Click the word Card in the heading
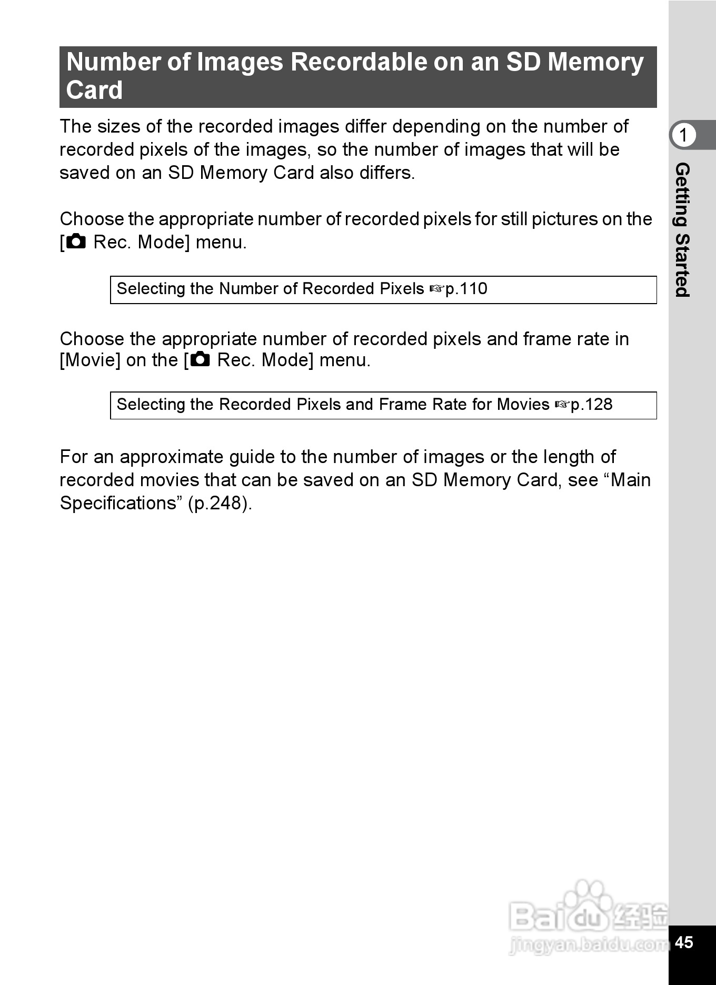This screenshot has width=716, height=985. (x=94, y=90)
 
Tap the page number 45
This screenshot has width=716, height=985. (x=683, y=942)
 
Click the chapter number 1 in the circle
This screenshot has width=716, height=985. (x=683, y=135)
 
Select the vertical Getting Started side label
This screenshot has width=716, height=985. (x=682, y=230)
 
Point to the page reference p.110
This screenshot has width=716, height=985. (x=466, y=289)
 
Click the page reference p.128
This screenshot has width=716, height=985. (x=592, y=405)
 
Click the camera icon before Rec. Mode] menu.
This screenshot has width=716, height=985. (x=76, y=242)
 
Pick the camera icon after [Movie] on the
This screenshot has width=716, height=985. (x=200, y=360)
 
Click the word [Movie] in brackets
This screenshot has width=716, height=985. (x=90, y=360)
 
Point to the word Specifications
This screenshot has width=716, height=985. (x=117, y=503)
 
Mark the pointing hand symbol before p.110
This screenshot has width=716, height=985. (x=436, y=289)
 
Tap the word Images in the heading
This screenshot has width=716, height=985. (x=240, y=62)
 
